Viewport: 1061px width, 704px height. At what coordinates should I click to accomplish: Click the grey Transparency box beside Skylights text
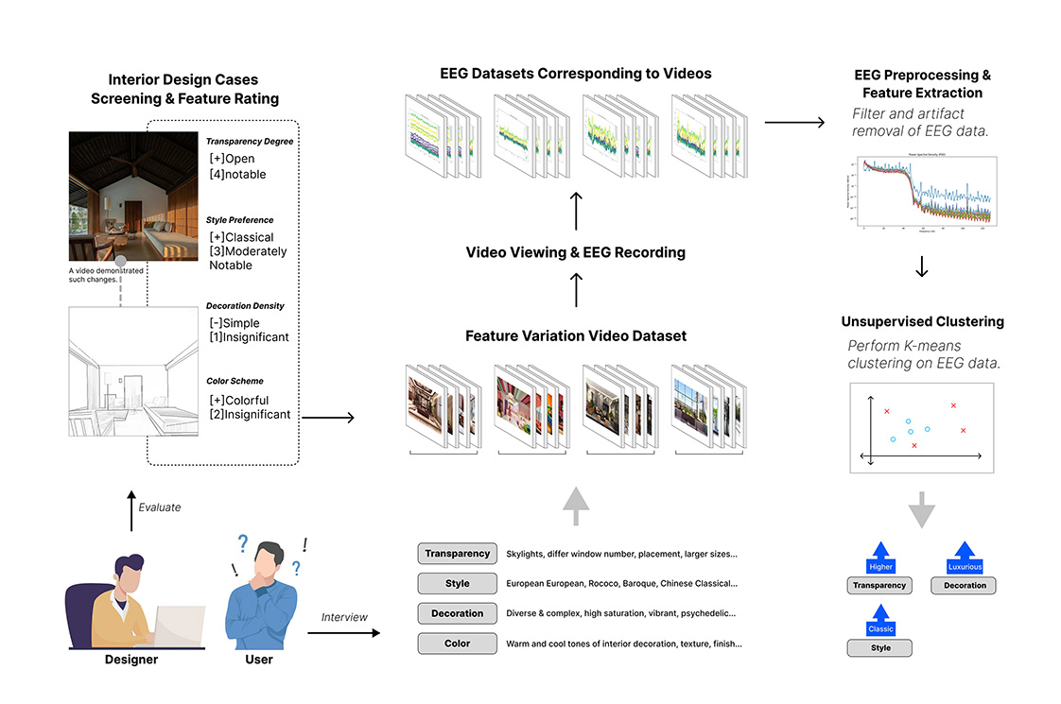[x=458, y=554]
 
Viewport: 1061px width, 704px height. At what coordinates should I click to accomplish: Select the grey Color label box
[x=458, y=644]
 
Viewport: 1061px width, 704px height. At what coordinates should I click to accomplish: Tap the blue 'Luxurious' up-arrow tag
[x=964, y=566]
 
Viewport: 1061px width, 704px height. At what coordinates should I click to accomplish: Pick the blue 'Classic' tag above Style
[x=880, y=628]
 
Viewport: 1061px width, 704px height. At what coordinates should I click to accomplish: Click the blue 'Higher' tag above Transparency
[x=880, y=566]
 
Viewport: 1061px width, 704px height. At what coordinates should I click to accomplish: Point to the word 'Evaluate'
[x=159, y=507]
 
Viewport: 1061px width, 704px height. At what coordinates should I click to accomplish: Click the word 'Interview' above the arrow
[x=344, y=617]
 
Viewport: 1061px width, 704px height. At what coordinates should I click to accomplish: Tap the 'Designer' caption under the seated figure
[x=131, y=659]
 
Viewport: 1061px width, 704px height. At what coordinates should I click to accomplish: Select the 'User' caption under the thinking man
[x=258, y=659]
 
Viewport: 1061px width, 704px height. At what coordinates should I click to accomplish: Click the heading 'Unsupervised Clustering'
[x=922, y=322]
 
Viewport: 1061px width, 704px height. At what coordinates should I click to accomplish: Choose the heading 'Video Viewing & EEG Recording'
[x=576, y=252]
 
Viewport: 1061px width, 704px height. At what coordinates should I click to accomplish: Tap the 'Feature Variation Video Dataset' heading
[x=576, y=335]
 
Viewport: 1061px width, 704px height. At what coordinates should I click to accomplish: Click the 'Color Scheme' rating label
[x=236, y=382]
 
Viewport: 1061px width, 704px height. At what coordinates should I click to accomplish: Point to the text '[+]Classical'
[x=241, y=237]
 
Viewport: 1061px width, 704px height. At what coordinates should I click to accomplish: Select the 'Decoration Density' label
[x=245, y=306]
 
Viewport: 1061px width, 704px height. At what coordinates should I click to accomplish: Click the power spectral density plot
[x=922, y=197]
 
